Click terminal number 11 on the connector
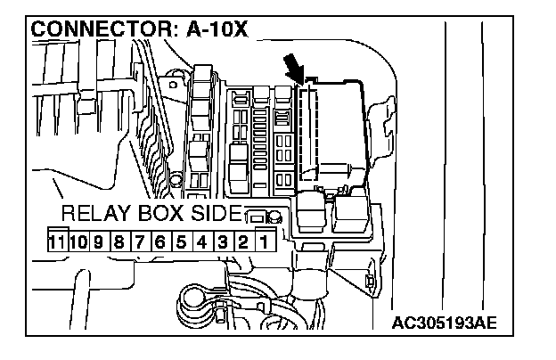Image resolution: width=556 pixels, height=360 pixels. [59, 240]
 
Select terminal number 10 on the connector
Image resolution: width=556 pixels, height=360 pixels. [78, 240]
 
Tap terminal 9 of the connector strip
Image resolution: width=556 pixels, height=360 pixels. [99, 240]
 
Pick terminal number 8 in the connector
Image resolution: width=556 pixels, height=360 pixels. [119, 240]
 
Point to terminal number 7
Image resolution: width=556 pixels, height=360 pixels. [139, 240]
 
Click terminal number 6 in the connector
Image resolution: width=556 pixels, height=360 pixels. [159, 240]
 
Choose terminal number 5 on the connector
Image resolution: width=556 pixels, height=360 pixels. [180, 240]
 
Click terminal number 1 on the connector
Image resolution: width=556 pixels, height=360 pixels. [263, 240]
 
